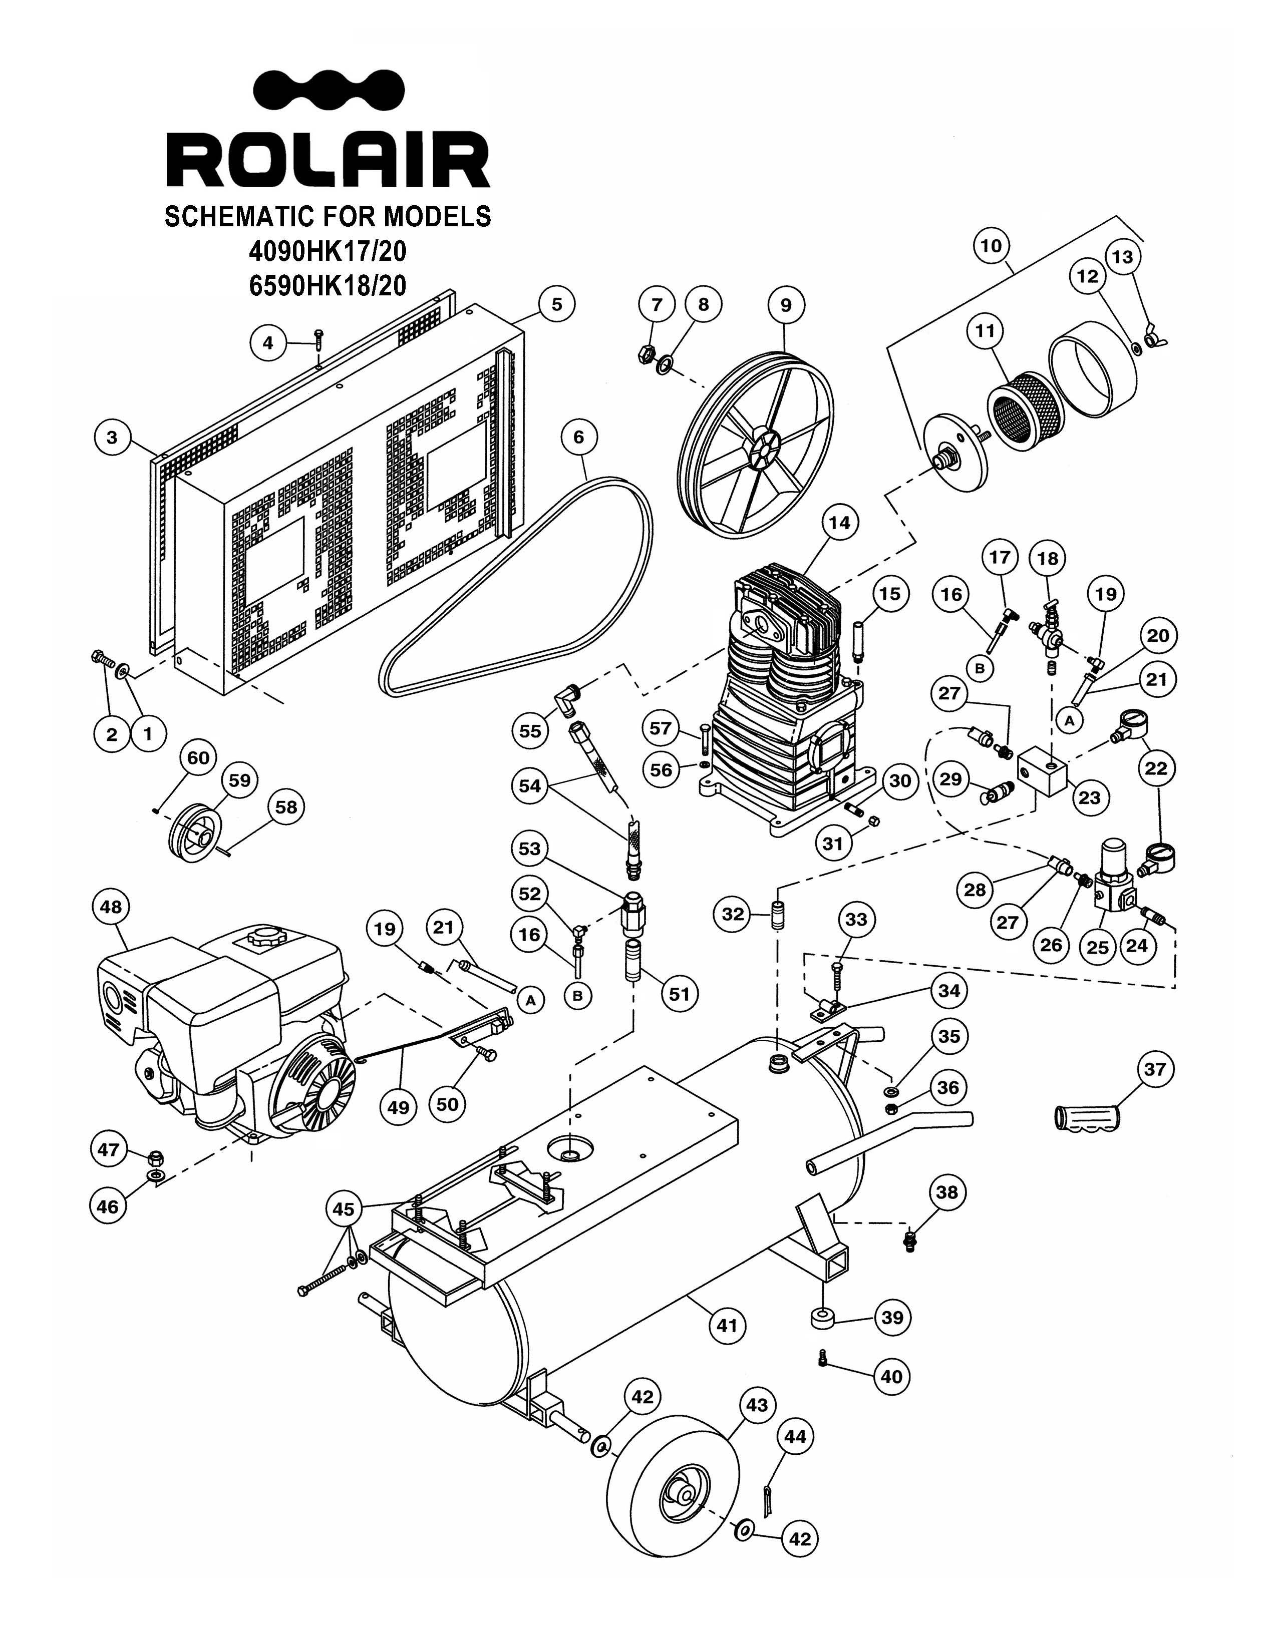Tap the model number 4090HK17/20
pyautogui.click(x=328, y=250)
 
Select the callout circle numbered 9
pyautogui.click(x=785, y=305)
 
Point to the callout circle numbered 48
pyautogui.click(x=111, y=907)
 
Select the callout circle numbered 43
pyautogui.click(x=757, y=1405)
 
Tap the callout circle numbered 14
pyautogui.click(x=839, y=523)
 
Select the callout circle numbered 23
pyautogui.click(x=1089, y=797)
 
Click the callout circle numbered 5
pyautogui.click(x=557, y=304)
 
